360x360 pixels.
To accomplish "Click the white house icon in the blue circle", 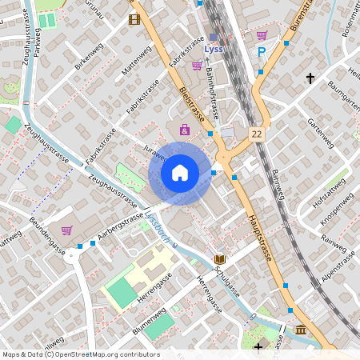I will pyautogui.click(x=179, y=172).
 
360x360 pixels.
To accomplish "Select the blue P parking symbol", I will pyautogui.click(x=262, y=53).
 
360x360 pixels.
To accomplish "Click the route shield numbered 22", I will pyautogui.click(x=256, y=134).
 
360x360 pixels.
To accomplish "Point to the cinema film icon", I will pyautogui.click(x=134, y=19).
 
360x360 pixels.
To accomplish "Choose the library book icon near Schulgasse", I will pyautogui.click(x=220, y=259).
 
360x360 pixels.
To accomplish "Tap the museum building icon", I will pyautogui.click(x=300, y=330).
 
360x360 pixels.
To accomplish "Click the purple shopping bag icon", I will pyautogui.click(x=185, y=129).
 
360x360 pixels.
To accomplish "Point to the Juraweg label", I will pyautogui.click(x=152, y=150).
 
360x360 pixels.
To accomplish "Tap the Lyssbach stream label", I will pyautogui.click(x=158, y=226).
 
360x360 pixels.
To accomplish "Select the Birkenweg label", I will pyautogui.click(x=89, y=56).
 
